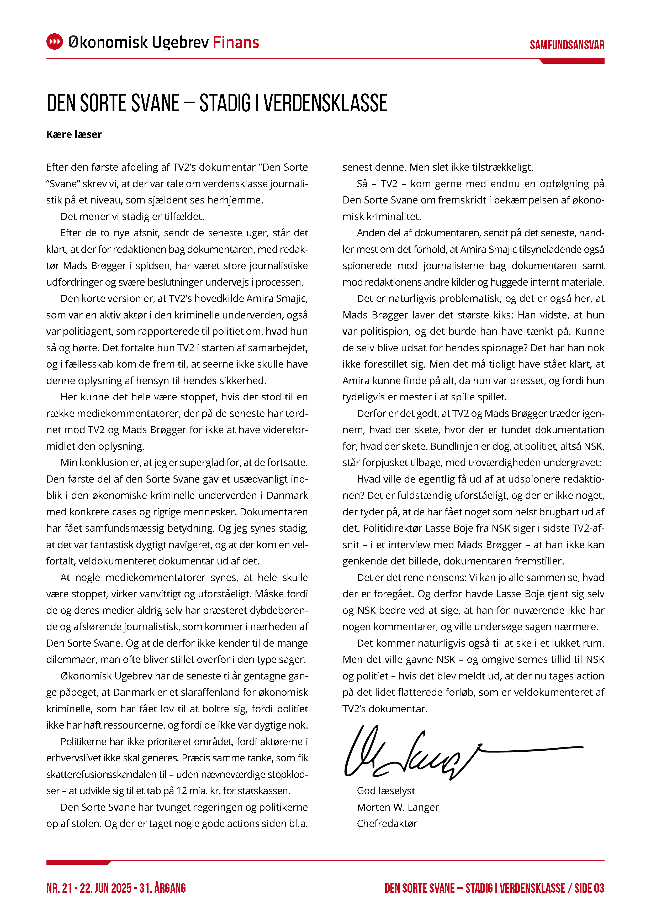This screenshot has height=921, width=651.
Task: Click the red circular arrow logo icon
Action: coord(55,42)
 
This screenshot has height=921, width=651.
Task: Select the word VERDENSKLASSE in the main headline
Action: coord(325,103)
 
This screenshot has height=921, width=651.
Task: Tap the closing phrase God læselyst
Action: coord(386,791)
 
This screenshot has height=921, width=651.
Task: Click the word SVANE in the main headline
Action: coord(155,103)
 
